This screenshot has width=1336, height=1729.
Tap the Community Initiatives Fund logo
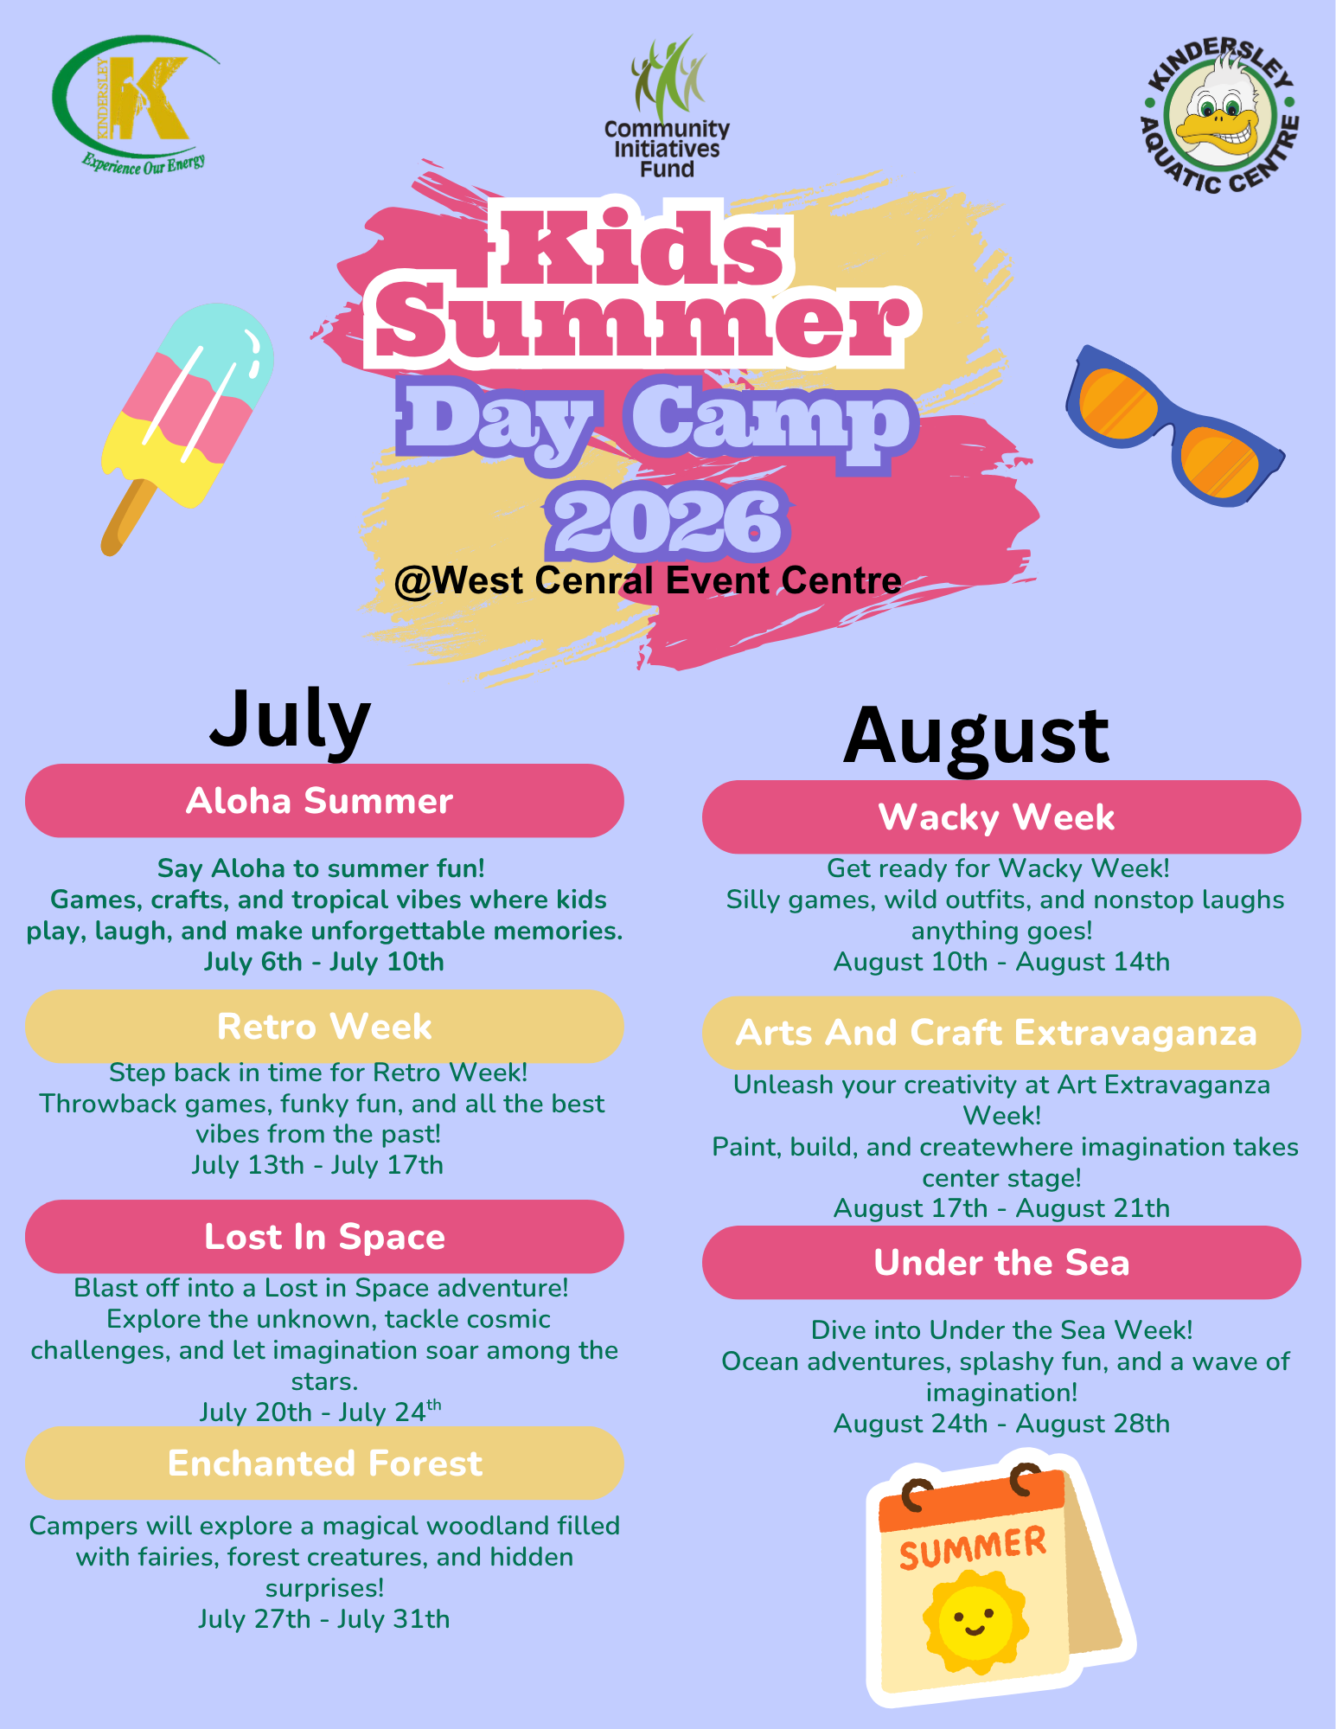667,107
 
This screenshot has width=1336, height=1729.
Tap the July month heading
291,720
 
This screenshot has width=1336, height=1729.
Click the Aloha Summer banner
324,801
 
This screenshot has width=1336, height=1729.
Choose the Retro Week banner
324,1027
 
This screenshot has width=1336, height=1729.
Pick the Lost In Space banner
324,1237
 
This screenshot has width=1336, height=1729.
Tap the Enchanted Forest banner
324,1463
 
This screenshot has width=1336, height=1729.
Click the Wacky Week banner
1001,817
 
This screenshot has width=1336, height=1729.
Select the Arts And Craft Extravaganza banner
1001,1033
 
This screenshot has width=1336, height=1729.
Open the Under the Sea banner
1001,1263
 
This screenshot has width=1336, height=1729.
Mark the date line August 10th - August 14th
1001,962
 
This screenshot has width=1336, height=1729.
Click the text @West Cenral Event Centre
648,580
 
